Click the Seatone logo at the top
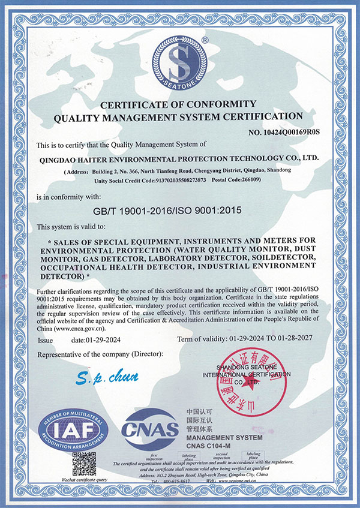tap(181, 62)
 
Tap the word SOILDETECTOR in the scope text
tap(281, 258)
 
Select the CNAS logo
tap(150, 428)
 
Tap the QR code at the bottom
tap(83, 463)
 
